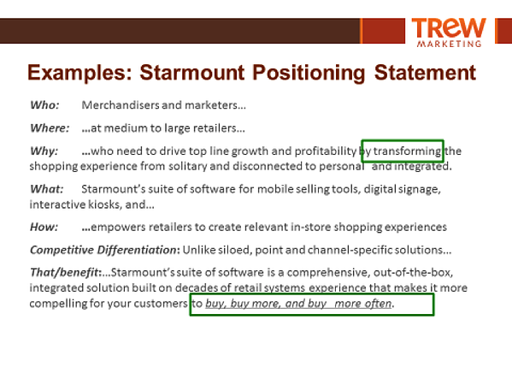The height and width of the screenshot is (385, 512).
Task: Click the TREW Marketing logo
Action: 449,33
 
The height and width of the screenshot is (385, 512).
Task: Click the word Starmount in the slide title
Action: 192,72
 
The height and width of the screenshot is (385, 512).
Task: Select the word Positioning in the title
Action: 309,73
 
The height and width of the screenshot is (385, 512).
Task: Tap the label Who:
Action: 44,105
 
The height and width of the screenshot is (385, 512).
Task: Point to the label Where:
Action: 50,127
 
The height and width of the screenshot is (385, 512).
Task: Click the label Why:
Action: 44,151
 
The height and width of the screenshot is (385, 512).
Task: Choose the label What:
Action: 47,189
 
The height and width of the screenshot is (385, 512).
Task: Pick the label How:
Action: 44,227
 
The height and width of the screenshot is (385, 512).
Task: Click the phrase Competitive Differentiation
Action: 103,250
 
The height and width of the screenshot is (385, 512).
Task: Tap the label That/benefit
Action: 64,273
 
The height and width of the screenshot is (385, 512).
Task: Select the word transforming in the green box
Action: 407,151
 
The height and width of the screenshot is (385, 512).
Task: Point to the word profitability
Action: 325,151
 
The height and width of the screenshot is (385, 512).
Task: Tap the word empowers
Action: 118,227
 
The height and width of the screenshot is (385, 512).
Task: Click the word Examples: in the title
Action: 80,73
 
